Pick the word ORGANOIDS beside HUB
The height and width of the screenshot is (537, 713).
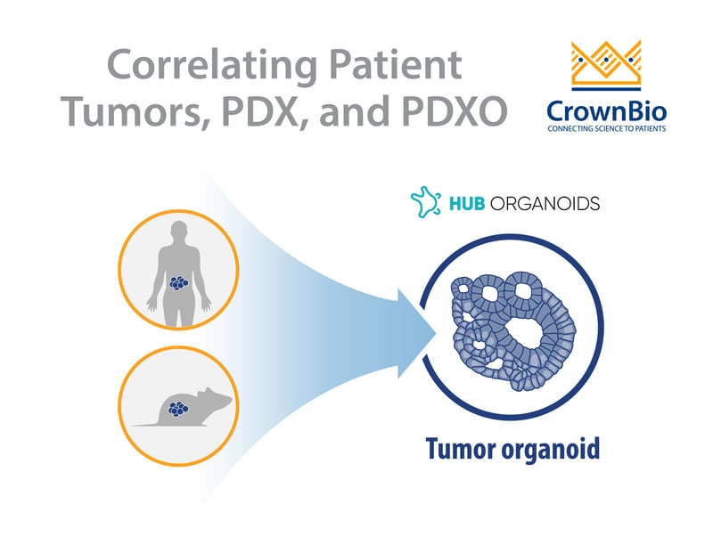(546, 203)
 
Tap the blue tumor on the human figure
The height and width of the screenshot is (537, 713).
(181, 284)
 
